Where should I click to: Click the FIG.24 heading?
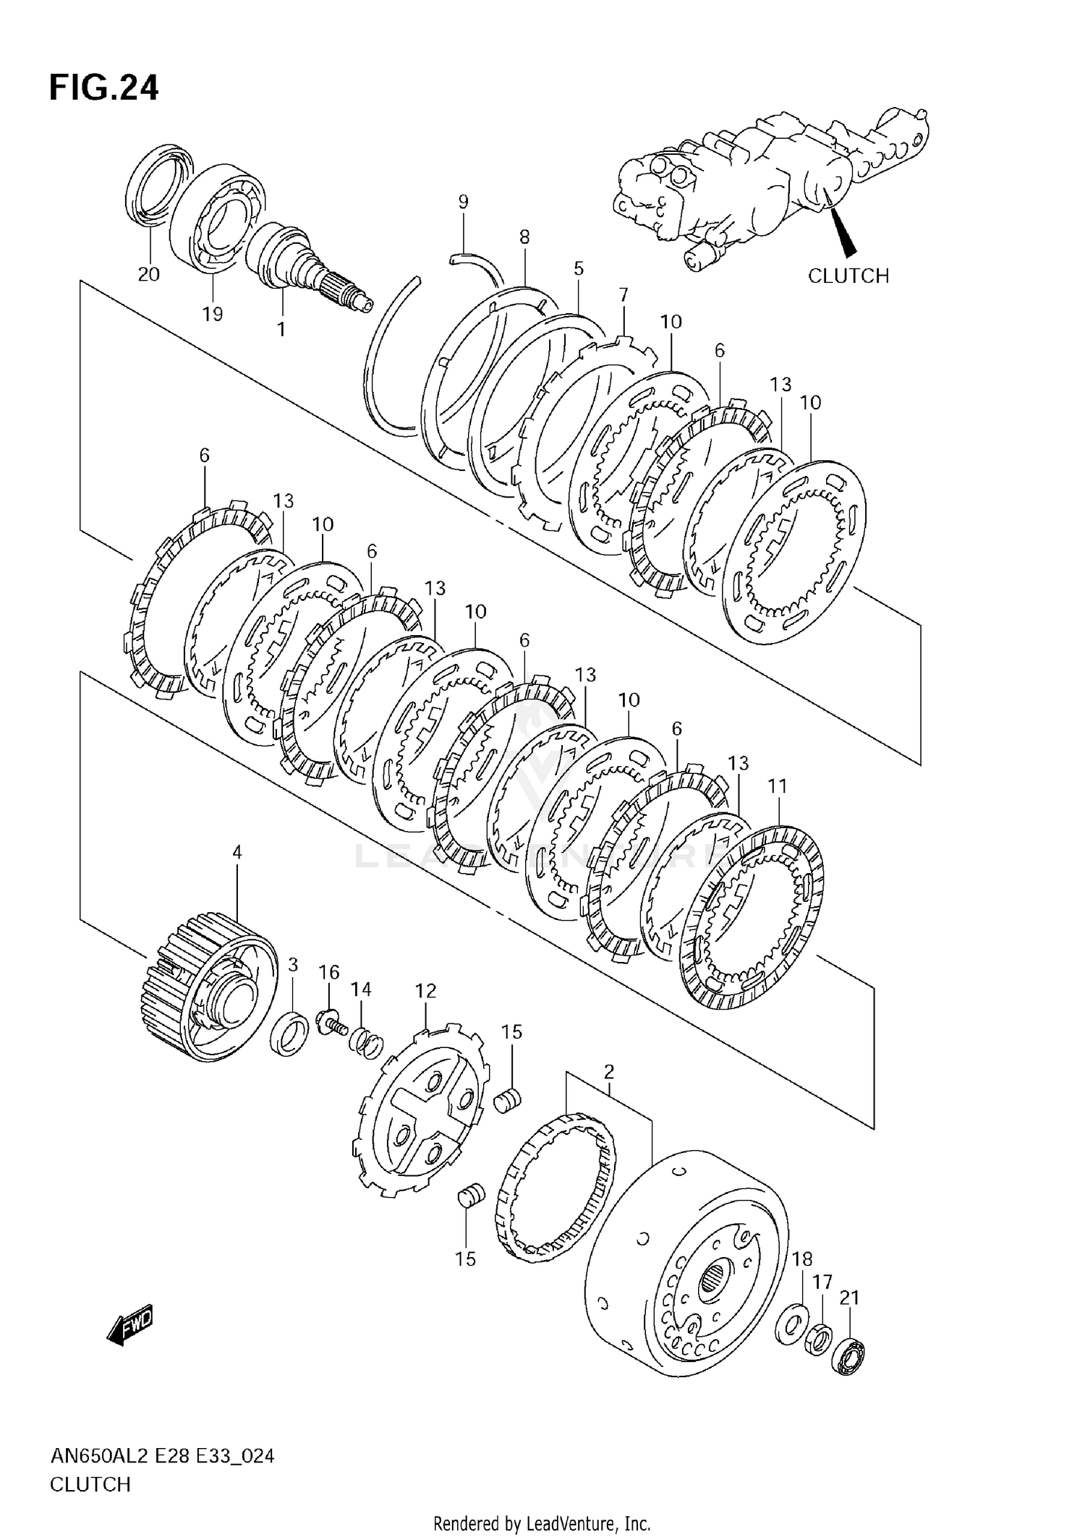point(103,88)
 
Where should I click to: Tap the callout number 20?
point(149,274)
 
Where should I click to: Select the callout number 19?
point(212,314)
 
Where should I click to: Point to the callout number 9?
point(463,202)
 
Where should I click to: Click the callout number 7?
point(624,294)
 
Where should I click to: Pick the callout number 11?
point(777,785)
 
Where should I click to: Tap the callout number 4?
point(237,853)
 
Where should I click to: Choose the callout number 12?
point(426,990)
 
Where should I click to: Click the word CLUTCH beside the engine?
point(848,276)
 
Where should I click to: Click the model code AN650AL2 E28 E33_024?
point(162,1456)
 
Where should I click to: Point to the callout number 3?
point(293,964)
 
